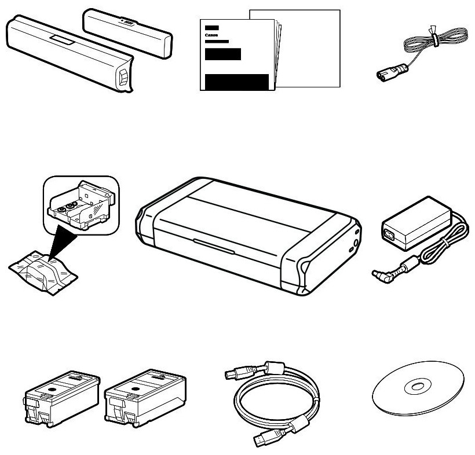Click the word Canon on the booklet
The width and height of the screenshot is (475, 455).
[x=210, y=35]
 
